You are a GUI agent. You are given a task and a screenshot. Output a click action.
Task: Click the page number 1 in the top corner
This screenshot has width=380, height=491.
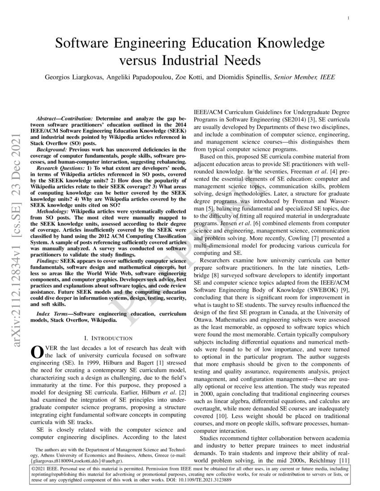(348, 18)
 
